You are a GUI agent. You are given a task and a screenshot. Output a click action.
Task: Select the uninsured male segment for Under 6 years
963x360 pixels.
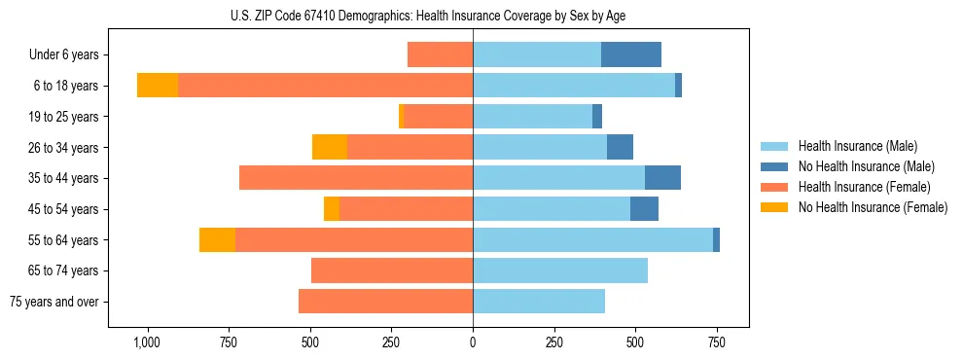[x=630, y=54]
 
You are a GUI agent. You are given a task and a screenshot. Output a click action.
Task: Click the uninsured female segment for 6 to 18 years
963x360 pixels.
[x=158, y=86]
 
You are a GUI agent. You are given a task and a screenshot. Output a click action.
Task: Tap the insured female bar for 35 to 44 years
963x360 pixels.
[x=356, y=178]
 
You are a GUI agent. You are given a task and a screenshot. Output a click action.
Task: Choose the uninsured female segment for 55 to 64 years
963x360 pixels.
[x=217, y=240]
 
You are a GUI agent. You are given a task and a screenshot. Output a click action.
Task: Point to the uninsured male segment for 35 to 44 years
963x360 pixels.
[x=662, y=178]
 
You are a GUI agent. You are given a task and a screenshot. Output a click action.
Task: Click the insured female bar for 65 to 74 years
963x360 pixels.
[x=392, y=270]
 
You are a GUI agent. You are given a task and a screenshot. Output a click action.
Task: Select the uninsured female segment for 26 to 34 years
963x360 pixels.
[x=330, y=147]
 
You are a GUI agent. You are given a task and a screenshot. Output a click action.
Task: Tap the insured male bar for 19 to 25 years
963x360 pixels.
[x=532, y=117]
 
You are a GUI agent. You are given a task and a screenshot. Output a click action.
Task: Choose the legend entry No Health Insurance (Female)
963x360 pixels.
[x=873, y=207]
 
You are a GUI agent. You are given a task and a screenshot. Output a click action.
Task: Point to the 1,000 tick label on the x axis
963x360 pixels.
[x=147, y=342]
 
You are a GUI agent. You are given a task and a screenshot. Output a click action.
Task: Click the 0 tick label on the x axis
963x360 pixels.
[x=473, y=342]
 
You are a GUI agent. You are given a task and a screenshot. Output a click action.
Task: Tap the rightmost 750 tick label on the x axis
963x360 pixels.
[x=717, y=342]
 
